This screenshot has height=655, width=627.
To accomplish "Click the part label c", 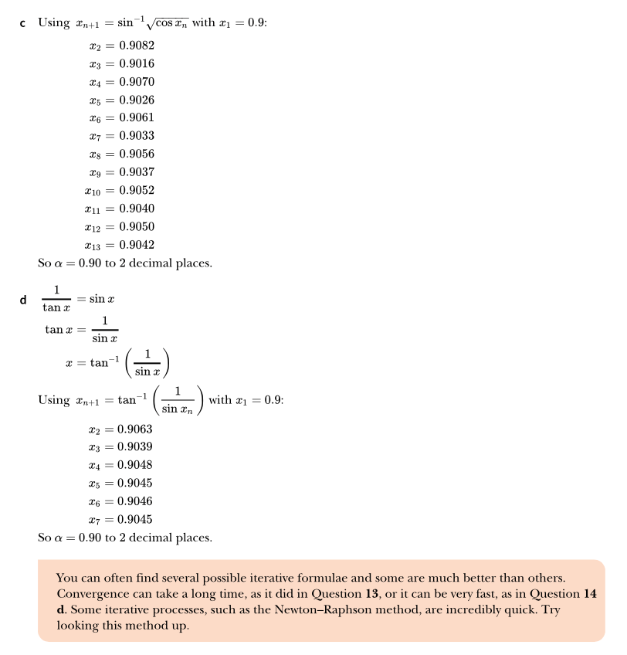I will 23,24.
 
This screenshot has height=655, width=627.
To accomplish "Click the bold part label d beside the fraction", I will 23,300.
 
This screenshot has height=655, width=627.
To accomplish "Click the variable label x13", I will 93,246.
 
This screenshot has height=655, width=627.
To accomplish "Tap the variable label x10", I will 93,191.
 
